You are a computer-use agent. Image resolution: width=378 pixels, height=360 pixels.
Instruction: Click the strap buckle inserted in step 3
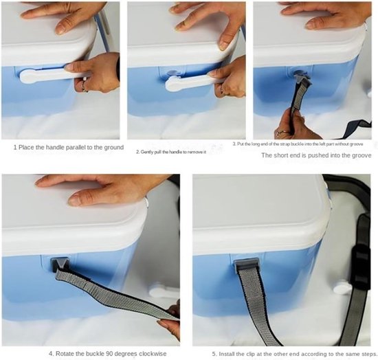click(x=301, y=78)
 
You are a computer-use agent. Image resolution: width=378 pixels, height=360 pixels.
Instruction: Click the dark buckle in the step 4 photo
click(x=60, y=264)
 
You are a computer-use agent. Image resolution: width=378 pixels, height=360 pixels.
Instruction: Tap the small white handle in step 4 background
click(x=164, y=292)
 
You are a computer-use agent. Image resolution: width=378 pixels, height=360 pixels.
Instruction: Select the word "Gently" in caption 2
click(x=145, y=152)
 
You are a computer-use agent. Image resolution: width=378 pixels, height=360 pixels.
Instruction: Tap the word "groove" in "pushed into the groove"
click(x=362, y=155)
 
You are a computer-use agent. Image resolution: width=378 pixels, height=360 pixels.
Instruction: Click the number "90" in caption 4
click(x=110, y=354)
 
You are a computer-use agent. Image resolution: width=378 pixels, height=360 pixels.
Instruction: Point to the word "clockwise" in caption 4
click(x=153, y=354)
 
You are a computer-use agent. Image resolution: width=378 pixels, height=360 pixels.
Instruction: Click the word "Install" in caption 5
click(x=227, y=354)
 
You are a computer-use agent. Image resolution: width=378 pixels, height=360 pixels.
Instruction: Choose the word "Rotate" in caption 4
click(x=65, y=354)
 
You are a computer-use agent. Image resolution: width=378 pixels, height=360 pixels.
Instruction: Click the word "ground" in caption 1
click(x=114, y=148)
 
